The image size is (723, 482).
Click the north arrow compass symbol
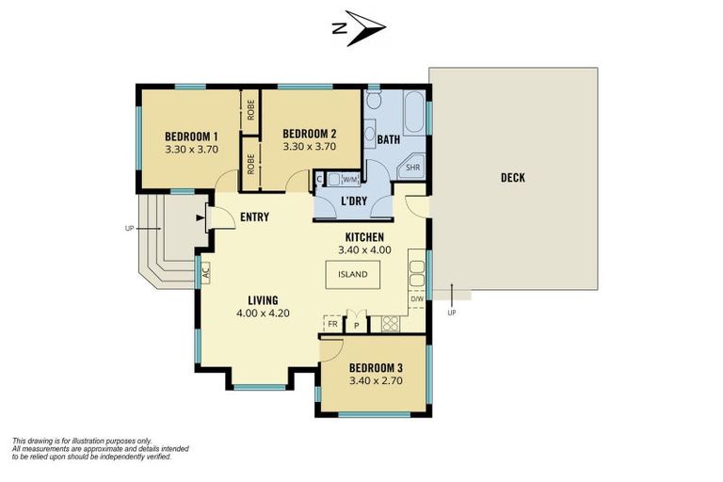360,28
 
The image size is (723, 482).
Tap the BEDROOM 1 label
191,137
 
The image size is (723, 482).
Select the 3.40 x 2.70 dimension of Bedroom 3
376,380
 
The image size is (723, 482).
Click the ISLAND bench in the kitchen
353,275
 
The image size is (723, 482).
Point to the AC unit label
205,273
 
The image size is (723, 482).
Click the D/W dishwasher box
417,298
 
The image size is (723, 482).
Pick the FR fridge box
332,324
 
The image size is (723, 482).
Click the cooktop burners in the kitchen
391,323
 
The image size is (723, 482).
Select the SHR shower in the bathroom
411,167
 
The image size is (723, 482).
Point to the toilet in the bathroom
373,99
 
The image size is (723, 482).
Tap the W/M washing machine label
350,180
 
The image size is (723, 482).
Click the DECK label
513,178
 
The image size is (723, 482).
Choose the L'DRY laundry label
354,201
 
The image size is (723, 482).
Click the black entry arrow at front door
201,217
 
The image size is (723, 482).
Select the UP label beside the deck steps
452,313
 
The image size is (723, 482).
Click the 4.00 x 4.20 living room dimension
263,313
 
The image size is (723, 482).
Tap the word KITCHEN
364,237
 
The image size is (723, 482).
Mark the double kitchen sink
417,274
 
